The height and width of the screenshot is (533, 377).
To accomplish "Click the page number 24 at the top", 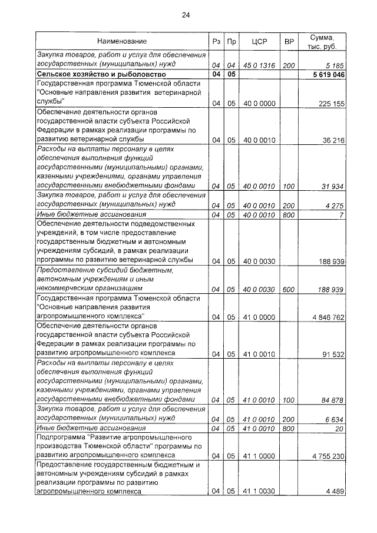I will [x=186, y=15].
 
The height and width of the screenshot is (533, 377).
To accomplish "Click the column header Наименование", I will [x=122, y=42].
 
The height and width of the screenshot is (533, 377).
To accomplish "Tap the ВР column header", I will [x=289, y=42].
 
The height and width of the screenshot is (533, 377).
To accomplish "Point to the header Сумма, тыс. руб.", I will [x=323, y=42].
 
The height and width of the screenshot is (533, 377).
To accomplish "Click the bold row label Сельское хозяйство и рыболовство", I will [x=101, y=75].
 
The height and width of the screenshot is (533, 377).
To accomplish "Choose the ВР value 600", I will [x=289, y=289].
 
